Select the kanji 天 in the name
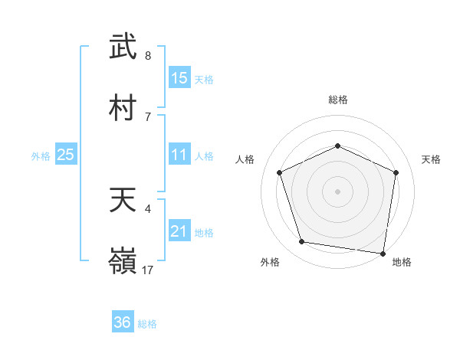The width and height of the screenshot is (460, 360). point(123,201)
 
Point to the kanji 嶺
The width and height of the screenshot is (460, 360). point(123,261)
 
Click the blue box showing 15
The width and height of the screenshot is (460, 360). point(179,77)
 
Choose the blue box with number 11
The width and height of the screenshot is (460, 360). point(179,155)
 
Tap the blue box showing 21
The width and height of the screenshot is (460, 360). point(179,231)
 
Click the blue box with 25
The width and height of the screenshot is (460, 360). point(66,155)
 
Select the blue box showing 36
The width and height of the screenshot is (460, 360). point(123,322)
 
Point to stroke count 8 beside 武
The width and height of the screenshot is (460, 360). point(147,56)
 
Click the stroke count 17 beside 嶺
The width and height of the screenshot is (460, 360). point(148,270)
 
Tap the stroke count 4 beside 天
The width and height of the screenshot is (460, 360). point(147,208)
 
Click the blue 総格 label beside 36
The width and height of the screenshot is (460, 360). point(147,324)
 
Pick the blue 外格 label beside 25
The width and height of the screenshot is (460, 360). point(41,156)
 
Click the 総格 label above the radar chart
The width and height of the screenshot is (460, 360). point(338,100)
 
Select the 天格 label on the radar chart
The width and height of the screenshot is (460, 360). point(431,159)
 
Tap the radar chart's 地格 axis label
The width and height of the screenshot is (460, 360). point(402,262)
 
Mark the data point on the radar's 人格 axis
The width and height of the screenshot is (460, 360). point(280,172)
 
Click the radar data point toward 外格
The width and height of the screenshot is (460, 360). point(302,242)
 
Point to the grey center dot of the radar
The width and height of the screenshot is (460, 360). point(338,191)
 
